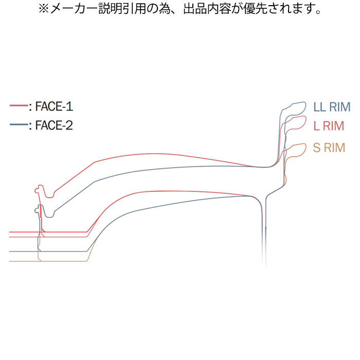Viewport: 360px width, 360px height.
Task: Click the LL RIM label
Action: pyautogui.click(x=332, y=107)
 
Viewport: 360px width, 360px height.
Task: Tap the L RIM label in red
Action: pyautogui.click(x=328, y=126)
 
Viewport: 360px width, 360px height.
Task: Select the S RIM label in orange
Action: pyautogui.click(x=329, y=148)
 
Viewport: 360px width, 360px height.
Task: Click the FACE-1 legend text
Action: pyautogui.click(x=53, y=107)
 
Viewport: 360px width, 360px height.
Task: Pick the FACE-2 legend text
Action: pyautogui.click(x=53, y=125)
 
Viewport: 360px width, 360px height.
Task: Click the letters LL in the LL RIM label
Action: pyautogui.click(x=319, y=107)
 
